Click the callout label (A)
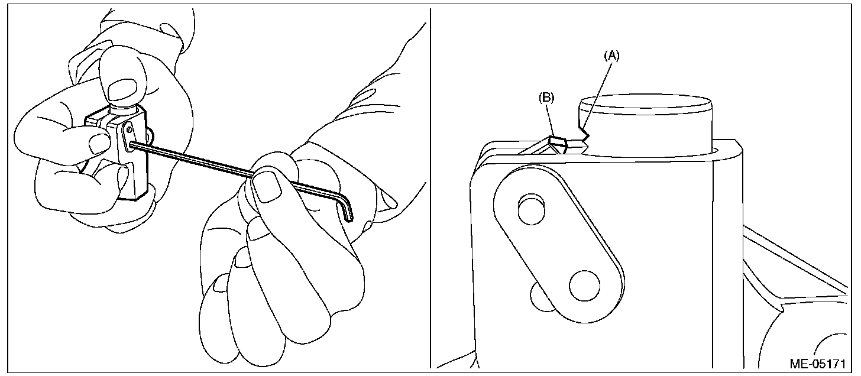pos(611,56)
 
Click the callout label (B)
pos(546,98)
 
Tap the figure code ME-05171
pos(818,364)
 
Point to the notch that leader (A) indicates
pos(585,138)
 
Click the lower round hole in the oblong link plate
pos(584,286)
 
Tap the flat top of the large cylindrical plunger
pos(646,105)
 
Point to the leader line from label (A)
pos(597,94)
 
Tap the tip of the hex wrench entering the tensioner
pos(131,145)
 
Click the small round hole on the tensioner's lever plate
pos(128,130)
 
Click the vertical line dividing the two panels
pos(430,189)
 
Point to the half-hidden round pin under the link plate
pos(538,297)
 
